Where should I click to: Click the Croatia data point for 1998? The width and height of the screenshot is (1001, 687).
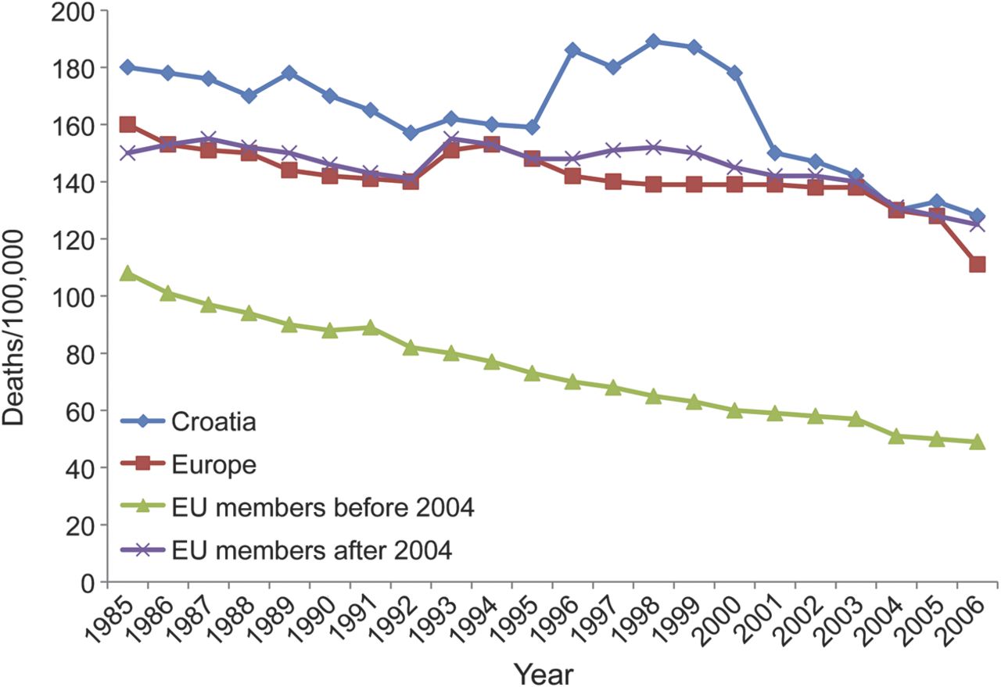pos(653,41)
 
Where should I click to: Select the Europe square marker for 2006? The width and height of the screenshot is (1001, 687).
pos(977,264)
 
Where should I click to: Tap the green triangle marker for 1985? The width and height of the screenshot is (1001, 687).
pos(127,274)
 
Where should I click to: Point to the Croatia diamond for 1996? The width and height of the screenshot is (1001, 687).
pos(572,50)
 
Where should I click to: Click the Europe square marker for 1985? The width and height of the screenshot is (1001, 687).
pos(127,124)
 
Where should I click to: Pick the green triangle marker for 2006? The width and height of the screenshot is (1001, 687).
pos(977,442)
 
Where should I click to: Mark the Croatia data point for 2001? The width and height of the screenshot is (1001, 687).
pos(775,153)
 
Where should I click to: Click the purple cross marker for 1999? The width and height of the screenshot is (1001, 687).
pos(694,152)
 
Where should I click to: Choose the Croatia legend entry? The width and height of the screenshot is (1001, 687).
pos(188,422)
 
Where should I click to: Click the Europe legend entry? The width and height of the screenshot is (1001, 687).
pos(188,465)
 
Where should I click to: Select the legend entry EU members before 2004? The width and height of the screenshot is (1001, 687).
pos(297,508)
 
